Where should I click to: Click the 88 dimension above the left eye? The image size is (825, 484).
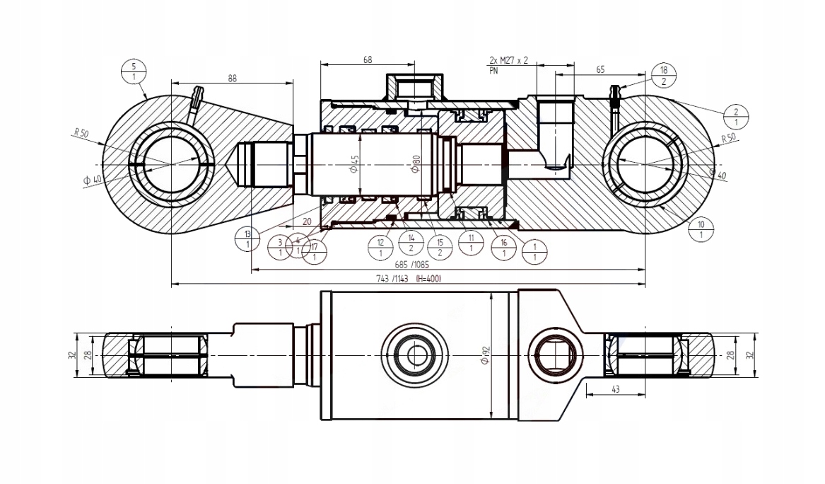point(232,79)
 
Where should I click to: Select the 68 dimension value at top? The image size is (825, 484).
point(368,61)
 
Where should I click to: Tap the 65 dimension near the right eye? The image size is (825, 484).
point(600,70)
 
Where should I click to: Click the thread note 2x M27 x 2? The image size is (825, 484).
point(508,62)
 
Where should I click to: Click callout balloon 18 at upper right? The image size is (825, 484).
point(663,76)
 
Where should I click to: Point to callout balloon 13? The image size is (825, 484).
point(247,239)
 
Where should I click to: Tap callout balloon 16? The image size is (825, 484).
point(503,248)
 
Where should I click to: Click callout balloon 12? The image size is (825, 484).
point(381,248)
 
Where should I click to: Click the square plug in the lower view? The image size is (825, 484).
point(557,352)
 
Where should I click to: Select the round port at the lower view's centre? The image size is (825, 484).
point(414,352)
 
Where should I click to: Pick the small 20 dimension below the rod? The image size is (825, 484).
point(307,221)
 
